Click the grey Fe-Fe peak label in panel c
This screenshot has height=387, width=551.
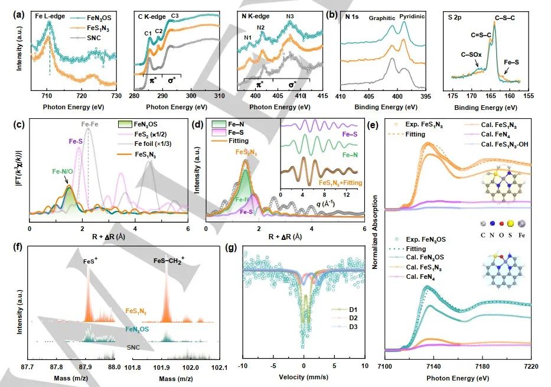coord(89,125)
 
